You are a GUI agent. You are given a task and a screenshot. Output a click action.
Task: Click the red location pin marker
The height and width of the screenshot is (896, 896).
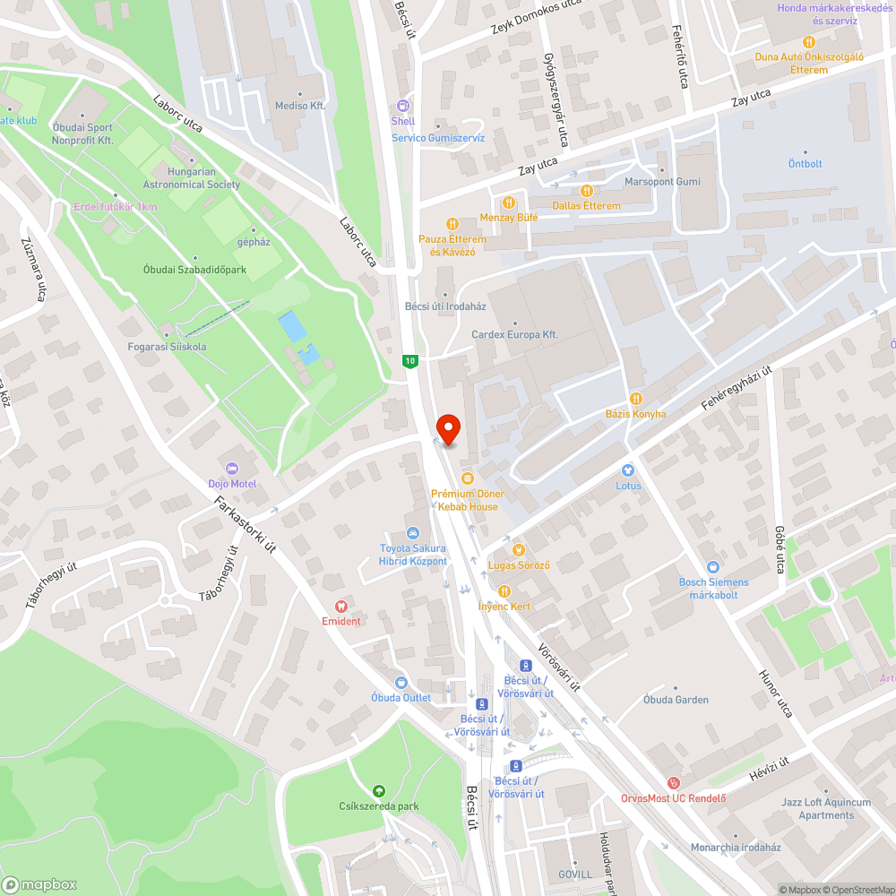point(447,428)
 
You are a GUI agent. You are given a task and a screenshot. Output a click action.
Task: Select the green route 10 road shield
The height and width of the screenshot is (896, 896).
point(409,360)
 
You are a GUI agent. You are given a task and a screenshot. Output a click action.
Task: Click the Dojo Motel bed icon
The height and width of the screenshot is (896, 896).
point(232,469)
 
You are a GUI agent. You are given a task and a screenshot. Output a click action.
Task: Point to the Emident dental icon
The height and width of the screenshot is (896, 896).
point(340,607)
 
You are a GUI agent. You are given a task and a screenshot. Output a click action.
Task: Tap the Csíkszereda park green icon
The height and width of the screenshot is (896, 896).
point(379,791)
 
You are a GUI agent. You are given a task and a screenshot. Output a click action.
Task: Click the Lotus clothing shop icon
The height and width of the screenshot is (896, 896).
point(628,470)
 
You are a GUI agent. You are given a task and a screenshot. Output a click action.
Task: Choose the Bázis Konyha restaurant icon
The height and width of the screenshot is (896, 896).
point(636,399)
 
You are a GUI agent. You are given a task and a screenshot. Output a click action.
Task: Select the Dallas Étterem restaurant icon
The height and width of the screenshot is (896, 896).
point(586,191)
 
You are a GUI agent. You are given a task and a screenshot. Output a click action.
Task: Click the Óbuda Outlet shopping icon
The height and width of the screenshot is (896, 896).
point(401,683)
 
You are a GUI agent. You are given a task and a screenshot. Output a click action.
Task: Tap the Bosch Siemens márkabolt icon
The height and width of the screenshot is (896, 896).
point(713,567)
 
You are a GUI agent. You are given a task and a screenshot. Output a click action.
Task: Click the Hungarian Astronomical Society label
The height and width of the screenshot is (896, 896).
point(192,178)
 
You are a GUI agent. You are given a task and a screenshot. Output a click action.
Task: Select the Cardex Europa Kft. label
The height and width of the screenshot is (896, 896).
point(514,334)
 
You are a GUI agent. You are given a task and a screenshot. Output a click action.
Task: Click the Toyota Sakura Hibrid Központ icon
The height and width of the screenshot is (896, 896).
point(413,533)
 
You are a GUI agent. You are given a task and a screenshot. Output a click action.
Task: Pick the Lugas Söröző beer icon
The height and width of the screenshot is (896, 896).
point(518,550)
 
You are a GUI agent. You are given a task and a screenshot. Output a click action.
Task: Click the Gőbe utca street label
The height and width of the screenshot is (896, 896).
point(780,549)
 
